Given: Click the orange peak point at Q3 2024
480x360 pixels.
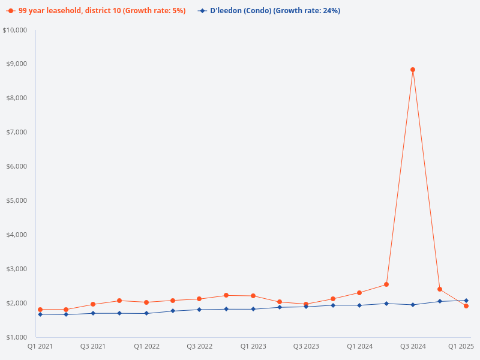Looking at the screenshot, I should pyautogui.click(x=413, y=70).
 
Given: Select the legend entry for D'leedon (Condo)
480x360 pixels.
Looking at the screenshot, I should pyautogui.click(x=275, y=11).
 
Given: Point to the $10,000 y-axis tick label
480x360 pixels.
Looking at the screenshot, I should pyautogui.click(x=15, y=30).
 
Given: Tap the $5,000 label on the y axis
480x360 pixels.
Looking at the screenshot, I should pyautogui.click(x=17, y=200).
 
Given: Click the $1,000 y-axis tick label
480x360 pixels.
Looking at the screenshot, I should pyautogui.click(x=17, y=337).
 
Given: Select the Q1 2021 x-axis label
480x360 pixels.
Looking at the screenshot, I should pyautogui.click(x=40, y=346).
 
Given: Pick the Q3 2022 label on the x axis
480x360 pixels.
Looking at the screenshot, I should pyautogui.click(x=200, y=346).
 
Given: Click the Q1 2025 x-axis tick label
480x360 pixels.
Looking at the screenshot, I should pyautogui.click(x=461, y=346).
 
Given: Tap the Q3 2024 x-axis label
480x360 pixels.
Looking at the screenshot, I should pyautogui.click(x=413, y=346).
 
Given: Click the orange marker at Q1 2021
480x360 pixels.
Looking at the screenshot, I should pyautogui.click(x=40, y=310).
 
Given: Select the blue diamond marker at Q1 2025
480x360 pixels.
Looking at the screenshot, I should pyautogui.click(x=466, y=301).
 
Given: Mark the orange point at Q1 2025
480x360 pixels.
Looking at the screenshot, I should pyautogui.click(x=466, y=306).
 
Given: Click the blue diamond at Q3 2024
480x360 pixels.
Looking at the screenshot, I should pyautogui.click(x=413, y=305).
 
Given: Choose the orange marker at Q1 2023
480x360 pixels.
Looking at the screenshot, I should pyautogui.click(x=253, y=296).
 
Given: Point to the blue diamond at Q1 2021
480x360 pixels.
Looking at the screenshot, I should pyautogui.click(x=40, y=314).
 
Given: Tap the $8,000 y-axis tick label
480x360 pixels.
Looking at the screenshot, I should pyautogui.click(x=17, y=98).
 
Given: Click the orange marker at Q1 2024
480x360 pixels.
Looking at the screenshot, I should pyautogui.click(x=359, y=293).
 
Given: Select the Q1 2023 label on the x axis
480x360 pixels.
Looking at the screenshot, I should pyautogui.click(x=253, y=346).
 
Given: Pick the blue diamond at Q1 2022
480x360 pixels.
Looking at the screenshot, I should pyautogui.click(x=146, y=313).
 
